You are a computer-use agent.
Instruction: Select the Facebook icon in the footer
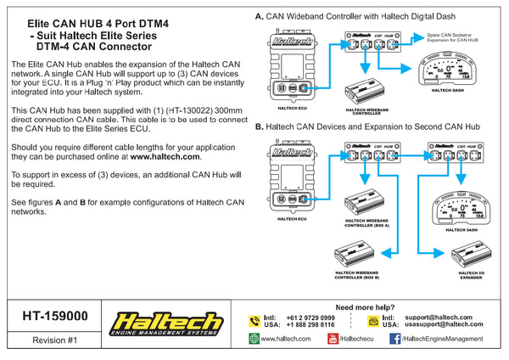pyautogui.click(x=394, y=339)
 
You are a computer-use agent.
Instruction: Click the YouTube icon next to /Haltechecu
pyautogui.click(x=332, y=339)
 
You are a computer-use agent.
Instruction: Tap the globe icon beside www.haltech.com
pyautogui.click(x=254, y=339)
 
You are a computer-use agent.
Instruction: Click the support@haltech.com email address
pyautogui.click(x=450, y=317)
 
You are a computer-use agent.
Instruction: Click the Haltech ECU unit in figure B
pyautogui.click(x=291, y=181)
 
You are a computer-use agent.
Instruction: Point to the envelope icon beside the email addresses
pyautogui.click(x=373, y=320)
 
